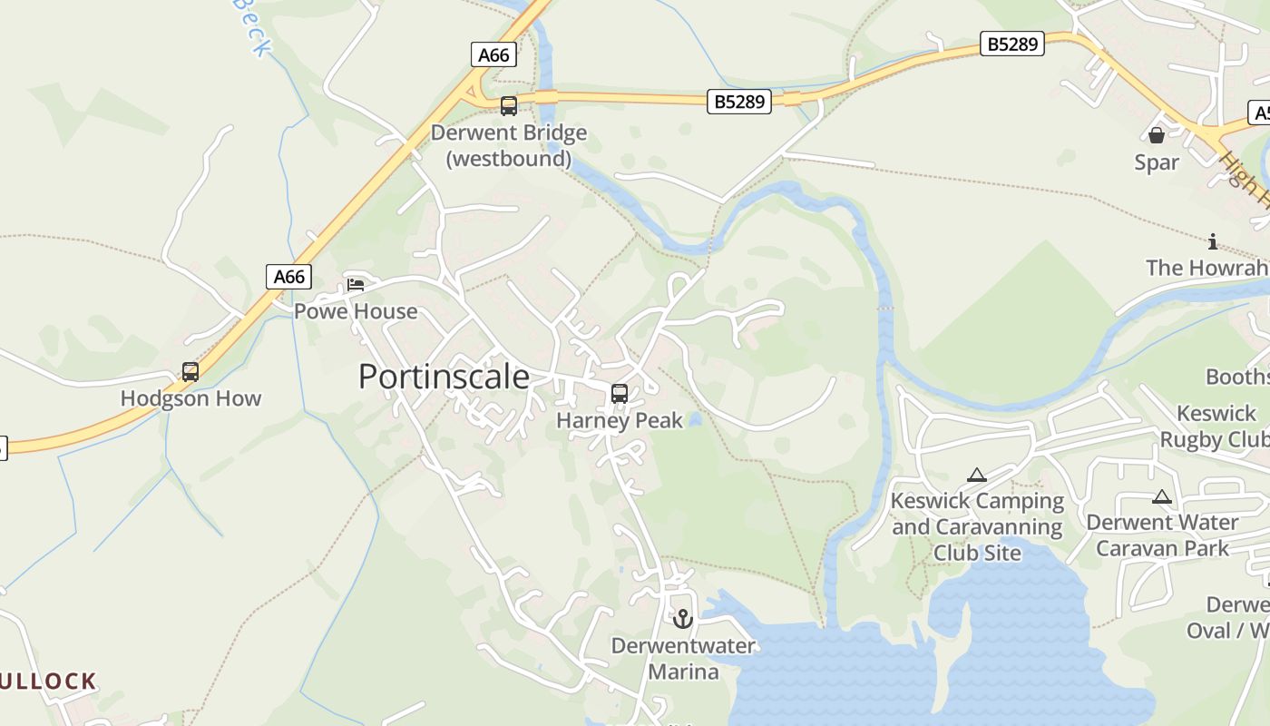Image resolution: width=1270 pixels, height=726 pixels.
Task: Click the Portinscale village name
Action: [444, 376]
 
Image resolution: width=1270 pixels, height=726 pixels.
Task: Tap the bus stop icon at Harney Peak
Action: [620, 394]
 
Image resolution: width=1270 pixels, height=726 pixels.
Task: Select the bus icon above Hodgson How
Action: [190, 372]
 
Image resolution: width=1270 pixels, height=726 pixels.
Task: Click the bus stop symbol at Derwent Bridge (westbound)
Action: [509, 106]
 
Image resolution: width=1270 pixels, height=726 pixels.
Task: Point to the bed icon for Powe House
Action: [356, 285]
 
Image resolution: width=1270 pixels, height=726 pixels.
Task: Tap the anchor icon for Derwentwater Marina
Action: [683, 619]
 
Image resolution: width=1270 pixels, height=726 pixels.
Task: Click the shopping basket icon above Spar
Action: [1157, 135]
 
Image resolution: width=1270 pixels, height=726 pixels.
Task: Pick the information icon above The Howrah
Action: [1213, 241]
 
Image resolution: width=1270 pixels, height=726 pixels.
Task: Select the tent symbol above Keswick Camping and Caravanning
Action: [977, 475]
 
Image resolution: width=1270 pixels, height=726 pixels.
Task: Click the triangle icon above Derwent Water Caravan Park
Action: [1162, 497]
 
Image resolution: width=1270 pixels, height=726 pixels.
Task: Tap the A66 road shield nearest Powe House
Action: [289, 276]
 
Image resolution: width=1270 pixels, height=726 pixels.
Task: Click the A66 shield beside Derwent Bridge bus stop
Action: [493, 54]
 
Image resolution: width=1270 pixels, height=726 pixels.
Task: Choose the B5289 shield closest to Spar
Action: [1012, 44]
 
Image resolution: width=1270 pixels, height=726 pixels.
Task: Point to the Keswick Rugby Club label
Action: [1216, 427]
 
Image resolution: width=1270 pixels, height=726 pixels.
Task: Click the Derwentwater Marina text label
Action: [683, 659]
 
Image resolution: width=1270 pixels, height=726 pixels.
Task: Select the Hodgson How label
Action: [190, 398]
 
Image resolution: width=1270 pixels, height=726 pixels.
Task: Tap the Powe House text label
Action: [356, 311]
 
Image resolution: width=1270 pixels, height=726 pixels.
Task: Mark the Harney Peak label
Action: [620, 420]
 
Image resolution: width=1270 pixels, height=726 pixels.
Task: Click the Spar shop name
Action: [1157, 162]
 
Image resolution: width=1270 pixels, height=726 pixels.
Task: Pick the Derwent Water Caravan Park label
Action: [1162, 535]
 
